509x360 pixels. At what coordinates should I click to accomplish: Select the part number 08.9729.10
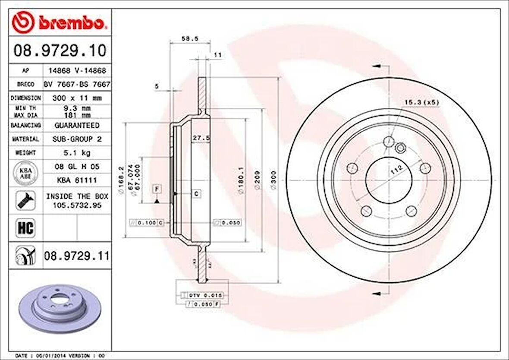(60, 51)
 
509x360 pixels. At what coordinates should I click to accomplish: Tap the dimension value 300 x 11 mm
(77, 98)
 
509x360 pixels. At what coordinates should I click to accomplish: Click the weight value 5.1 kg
(77, 153)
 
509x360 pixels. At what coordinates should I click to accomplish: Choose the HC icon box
(25, 228)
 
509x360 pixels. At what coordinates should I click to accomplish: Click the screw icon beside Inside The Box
(25, 201)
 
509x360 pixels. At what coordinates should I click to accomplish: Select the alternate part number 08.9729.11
(76, 256)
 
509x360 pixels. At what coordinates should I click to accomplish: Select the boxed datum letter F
(157, 189)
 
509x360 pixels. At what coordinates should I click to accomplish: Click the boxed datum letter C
(196, 194)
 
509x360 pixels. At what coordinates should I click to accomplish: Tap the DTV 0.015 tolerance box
(205, 295)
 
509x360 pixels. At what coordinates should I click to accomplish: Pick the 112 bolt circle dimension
(396, 170)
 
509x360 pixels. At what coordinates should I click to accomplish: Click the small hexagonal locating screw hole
(399, 148)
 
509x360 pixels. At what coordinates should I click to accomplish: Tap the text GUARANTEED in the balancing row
(77, 125)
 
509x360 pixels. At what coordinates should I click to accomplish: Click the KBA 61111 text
(77, 180)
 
